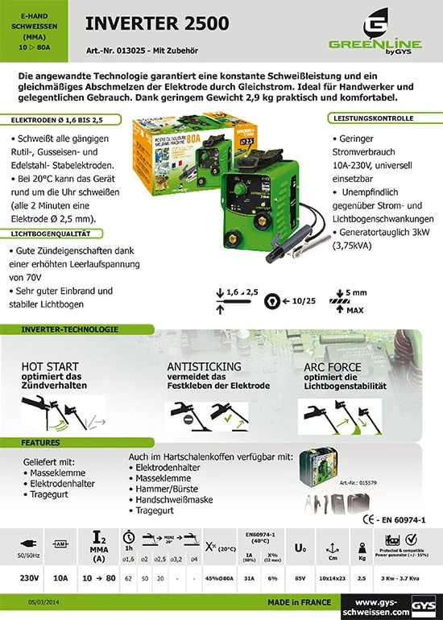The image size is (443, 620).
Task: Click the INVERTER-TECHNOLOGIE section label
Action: [x=62, y=330]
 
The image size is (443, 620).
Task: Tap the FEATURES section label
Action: [x=40, y=443]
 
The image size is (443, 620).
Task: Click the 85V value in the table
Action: [x=300, y=578]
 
